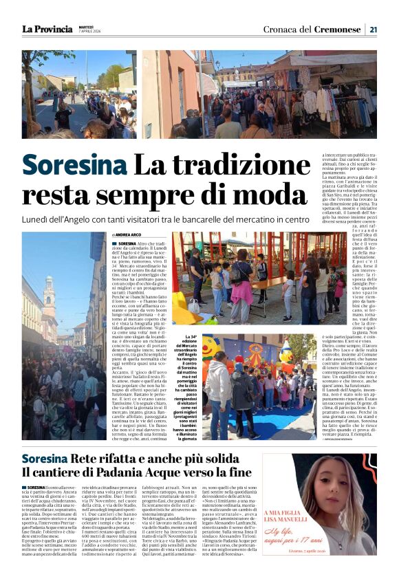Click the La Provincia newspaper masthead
tap(46, 30)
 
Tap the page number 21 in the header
tap(373, 30)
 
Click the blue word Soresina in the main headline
tap(74, 166)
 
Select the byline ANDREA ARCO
tap(133, 235)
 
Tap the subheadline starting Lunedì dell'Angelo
tap(166, 219)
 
